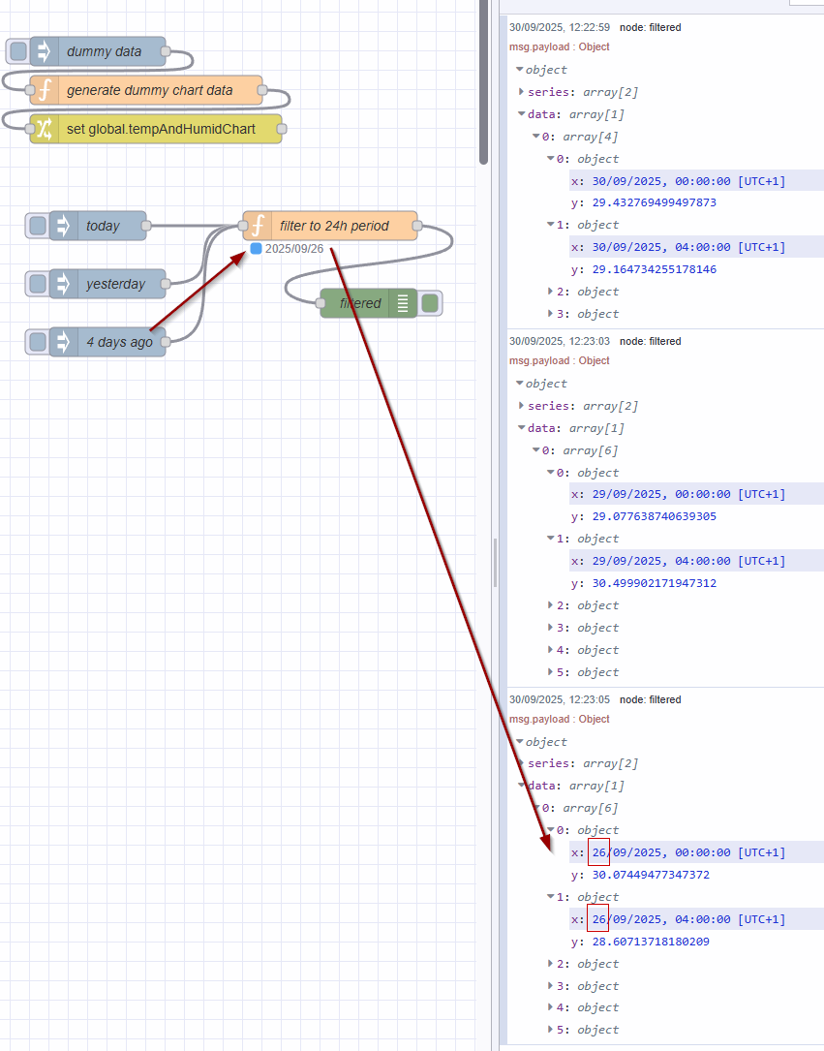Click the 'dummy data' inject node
point(104,51)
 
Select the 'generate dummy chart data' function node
point(149,90)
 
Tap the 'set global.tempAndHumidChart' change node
point(161,129)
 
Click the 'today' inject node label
point(103,226)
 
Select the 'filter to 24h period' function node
point(333,226)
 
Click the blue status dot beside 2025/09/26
point(256,249)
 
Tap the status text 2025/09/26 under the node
point(294,249)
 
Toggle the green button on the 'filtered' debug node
point(430,303)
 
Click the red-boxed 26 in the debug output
point(598,918)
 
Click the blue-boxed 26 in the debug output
point(598,852)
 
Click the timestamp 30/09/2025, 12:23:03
point(560,341)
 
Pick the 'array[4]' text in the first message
point(591,137)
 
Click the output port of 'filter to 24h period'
point(417,226)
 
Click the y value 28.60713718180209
point(647,942)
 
